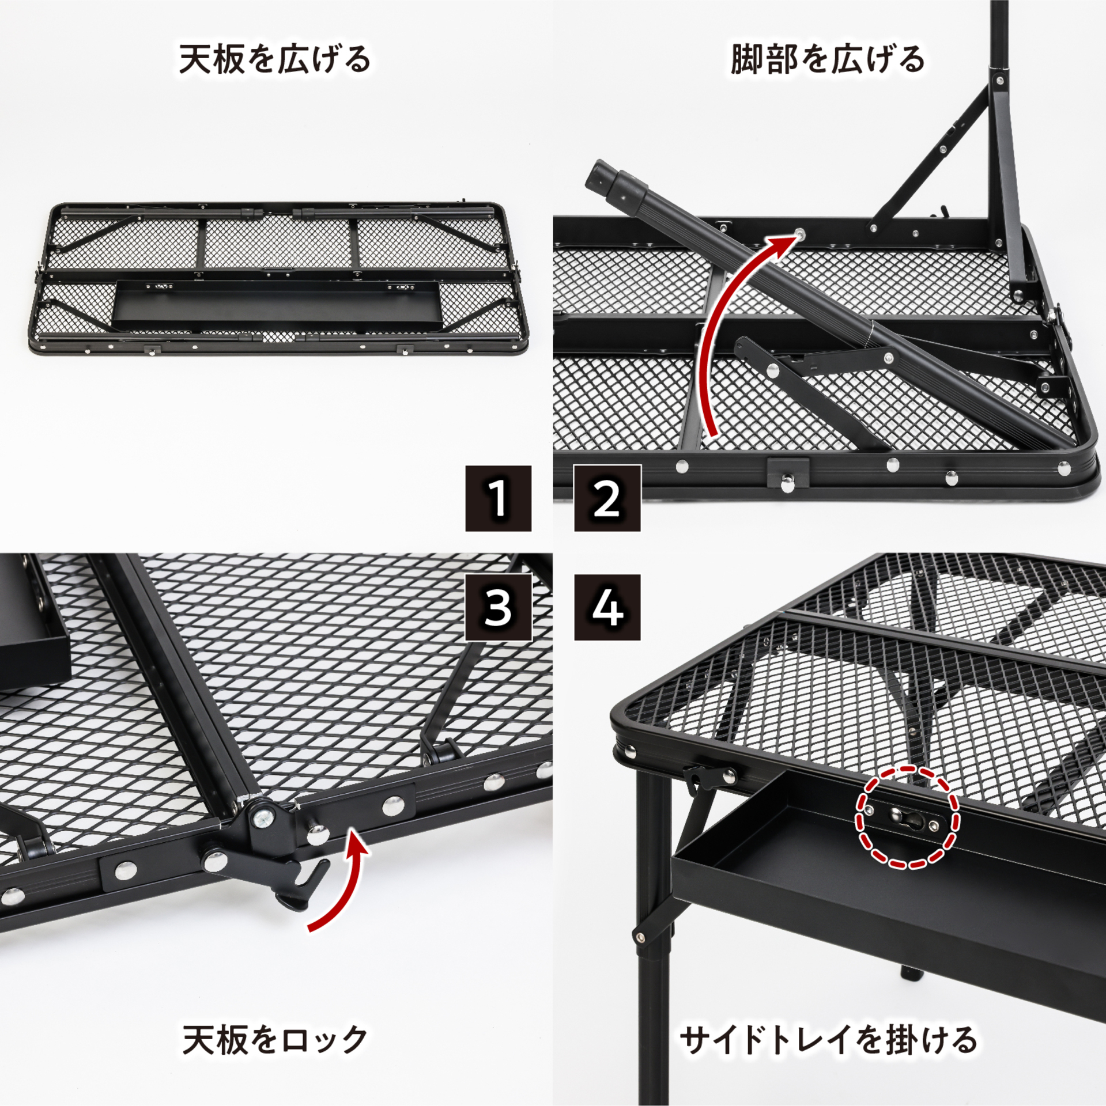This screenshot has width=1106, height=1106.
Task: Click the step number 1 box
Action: click(x=498, y=498)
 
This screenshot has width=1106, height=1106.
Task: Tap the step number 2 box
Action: click(x=607, y=498)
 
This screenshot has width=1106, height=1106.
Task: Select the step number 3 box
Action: click(x=498, y=607)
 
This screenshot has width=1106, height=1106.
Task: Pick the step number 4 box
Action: click(x=607, y=607)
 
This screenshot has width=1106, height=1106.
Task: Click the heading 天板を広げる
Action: click(x=274, y=60)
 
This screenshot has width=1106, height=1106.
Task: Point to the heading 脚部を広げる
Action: click(x=828, y=60)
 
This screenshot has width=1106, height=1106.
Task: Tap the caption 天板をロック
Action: click(x=274, y=1039)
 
